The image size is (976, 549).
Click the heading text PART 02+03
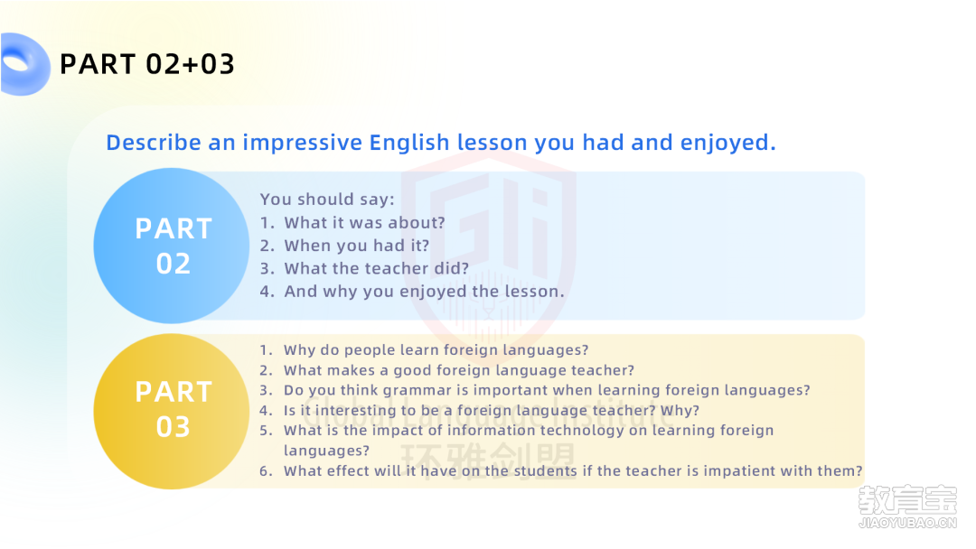pos(147,64)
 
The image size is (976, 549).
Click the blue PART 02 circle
pos(172,246)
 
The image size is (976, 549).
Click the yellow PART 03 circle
pos(172,411)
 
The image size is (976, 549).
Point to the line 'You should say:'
pos(327,199)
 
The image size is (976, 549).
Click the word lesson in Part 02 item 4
pos(533,291)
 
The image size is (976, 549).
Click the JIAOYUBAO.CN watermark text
pos(907,523)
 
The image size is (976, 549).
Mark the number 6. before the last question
pos(266,471)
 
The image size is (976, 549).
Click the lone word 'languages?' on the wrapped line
pos(327,451)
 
